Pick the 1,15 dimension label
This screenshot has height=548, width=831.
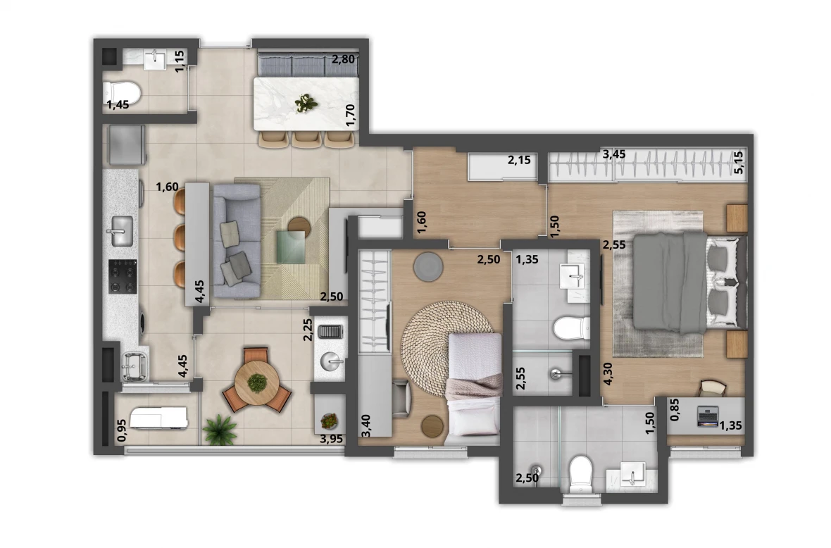pos(180,61)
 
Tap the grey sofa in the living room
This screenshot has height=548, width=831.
pos(236,240)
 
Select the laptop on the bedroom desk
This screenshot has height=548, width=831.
pos(708,416)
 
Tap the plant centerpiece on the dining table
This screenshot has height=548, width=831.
pos(306,104)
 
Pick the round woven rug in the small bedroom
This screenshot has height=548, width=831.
pos(446,339)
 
